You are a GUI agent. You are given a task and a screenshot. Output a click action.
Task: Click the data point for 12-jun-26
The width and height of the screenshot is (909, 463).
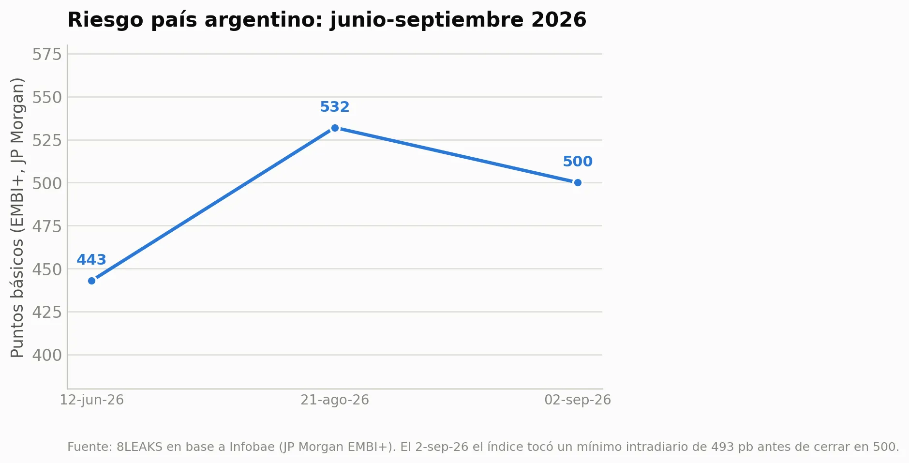92,281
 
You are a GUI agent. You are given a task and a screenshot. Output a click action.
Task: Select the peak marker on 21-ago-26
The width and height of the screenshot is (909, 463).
335,128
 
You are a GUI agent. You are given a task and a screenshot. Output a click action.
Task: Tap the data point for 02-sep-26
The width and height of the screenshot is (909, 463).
578,183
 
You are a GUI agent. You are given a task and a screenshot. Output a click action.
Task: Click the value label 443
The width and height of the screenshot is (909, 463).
91,260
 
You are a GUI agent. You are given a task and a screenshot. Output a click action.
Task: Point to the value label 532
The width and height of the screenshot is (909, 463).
335,107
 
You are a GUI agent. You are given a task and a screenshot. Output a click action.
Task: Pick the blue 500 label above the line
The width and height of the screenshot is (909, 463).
578,162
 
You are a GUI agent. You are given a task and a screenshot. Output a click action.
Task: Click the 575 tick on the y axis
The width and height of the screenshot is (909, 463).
47,54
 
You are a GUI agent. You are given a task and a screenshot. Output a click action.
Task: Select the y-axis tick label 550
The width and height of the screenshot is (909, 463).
47,97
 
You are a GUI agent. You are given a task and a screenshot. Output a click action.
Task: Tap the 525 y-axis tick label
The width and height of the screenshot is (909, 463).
47,140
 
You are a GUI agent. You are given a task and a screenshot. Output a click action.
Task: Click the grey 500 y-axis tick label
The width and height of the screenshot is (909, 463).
47,183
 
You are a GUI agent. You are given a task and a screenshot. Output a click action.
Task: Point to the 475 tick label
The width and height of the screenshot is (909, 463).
47,226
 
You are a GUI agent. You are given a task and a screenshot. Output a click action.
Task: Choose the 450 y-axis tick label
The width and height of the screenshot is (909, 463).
47,269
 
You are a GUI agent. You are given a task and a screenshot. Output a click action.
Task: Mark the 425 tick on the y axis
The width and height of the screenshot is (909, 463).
47,312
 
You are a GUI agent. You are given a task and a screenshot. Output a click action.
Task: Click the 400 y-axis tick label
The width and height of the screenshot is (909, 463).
47,355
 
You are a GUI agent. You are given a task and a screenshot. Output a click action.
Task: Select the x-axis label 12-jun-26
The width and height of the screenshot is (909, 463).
92,400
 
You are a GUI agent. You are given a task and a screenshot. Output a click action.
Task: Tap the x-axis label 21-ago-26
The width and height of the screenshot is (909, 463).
335,400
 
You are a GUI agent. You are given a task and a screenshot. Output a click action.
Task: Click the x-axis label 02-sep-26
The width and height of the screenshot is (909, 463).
578,400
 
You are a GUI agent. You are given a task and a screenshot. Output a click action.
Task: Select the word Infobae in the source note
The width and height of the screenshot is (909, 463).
252,447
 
